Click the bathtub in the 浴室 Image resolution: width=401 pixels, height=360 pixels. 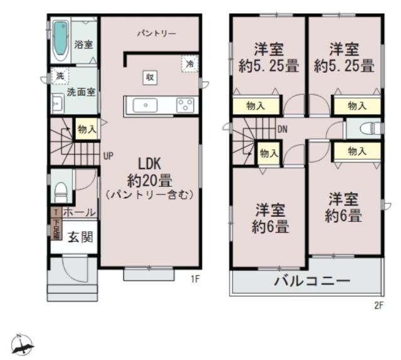[x=61, y=39]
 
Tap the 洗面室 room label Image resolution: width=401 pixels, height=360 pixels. [x=81, y=92]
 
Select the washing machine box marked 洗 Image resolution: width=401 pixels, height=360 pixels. [x=60, y=75]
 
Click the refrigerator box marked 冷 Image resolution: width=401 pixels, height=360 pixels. [x=189, y=64]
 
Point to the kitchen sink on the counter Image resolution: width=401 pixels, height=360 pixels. [x=146, y=105]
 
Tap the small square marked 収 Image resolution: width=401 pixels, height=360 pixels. [x=150, y=77]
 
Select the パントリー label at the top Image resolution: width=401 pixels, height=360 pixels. [x=157, y=33]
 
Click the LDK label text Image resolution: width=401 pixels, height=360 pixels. [x=148, y=166]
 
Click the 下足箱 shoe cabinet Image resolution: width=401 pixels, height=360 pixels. [x=56, y=229]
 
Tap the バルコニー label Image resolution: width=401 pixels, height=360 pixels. [x=311, y=280]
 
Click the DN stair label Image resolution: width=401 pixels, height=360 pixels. [x=283, y=130]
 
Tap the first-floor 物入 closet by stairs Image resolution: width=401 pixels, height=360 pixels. [x=86, y=129]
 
